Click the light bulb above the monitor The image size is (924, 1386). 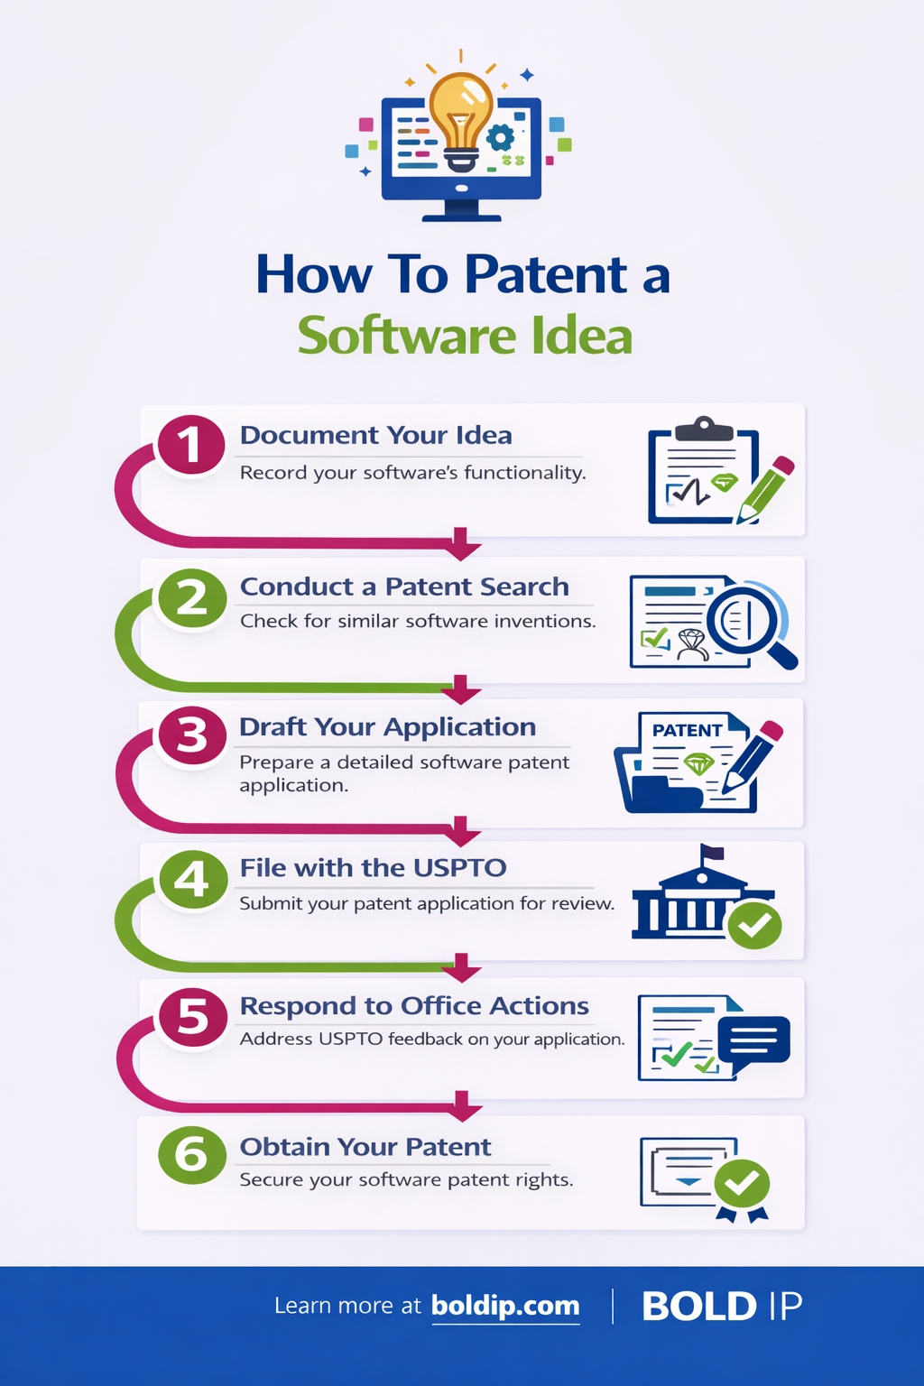point(461,113)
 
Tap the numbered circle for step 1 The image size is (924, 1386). point(191,445)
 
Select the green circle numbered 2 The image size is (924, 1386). point(191,598)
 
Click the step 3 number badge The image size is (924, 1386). point(192,735)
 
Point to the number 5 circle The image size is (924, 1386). point(193,1017)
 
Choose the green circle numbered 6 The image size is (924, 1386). point(191,1155)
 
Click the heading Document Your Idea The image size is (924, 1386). point(375,435)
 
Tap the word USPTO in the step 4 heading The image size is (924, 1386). point(459,868)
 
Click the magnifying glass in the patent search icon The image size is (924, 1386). point(745,621)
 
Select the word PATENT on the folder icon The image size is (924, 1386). point(687,730)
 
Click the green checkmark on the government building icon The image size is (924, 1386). point(755,924)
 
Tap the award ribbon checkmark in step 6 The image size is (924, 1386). point(742,1183)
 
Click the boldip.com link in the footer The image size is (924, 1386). point(505,1306)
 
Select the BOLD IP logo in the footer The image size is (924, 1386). point(721,1306)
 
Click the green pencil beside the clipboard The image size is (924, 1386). point(766,490)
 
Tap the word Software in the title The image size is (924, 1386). point(406,336)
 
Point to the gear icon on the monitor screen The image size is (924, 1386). point(500,138)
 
